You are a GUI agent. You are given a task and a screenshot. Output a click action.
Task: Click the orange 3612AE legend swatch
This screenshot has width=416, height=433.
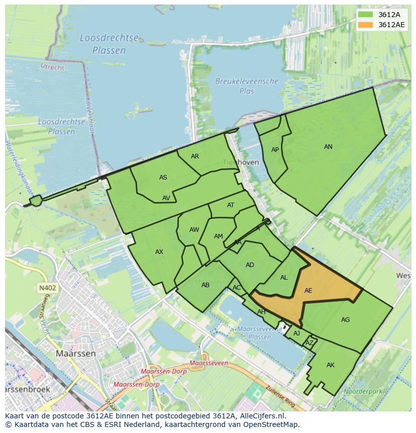pyautogui.click(x=366, y=25)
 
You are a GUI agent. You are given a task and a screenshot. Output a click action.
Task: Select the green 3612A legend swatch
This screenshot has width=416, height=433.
pyautogui.click(x=366, y=15)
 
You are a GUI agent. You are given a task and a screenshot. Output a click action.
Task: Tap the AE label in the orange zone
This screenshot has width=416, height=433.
pyautogui.click(x=308, y=291)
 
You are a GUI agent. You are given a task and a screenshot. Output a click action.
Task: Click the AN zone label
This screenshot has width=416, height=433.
pyautogui.click(x=328, y=147)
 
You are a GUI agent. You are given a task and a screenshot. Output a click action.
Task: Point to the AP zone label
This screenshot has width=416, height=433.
pyautogui.click(x=275, y=150)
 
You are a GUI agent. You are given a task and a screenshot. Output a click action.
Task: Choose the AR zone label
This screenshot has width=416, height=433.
pyautogui.click(x=195, y=156)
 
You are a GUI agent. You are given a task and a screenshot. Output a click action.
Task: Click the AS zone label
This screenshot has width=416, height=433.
pyautogui.click(x=163, y=178)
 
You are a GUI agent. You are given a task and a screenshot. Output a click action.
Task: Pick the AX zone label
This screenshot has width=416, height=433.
pyautogui.click(x=159, y=252)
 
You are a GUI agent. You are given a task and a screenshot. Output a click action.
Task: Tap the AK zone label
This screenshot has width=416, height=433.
pyautogui.click(x=330, y=365)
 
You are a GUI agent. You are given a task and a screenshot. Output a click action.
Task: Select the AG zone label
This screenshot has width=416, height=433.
pyautogui.click(x=345, y=320)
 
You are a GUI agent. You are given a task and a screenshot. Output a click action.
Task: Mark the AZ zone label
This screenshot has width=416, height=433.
pyautogui.click(x=309, y=343)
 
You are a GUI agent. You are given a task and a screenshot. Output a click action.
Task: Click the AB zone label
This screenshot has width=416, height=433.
pyautogui.click(x=205, y=285)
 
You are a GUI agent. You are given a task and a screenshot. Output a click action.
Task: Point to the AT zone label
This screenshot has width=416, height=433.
pyautogui.click(x=231, y=205)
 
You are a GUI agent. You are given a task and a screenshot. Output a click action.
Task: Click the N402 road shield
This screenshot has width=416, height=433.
pyautogui.click(x=47, y=288)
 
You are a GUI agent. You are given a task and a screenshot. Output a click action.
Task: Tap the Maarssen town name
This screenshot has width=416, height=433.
pyautogui.click(x=75, y=354)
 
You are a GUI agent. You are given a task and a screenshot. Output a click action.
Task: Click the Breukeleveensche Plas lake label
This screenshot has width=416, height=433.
pyautogui.click(x=247, y=86)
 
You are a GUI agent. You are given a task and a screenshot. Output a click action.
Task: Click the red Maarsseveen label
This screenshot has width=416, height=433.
pyautogui.click(x=210, y=363)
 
